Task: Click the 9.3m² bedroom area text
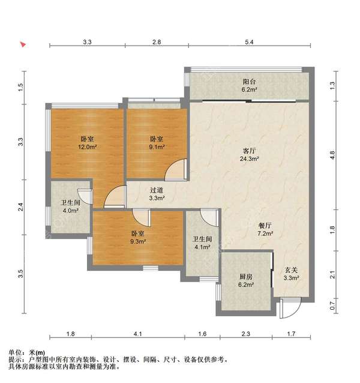pos(137,241)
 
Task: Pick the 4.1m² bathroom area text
pos(201,244)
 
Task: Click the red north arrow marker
pos(23,44)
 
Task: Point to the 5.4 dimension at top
pos(250,42)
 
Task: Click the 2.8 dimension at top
pos(157,42)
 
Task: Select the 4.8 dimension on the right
pos(332,154)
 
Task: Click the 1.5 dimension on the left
pos(20,86)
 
